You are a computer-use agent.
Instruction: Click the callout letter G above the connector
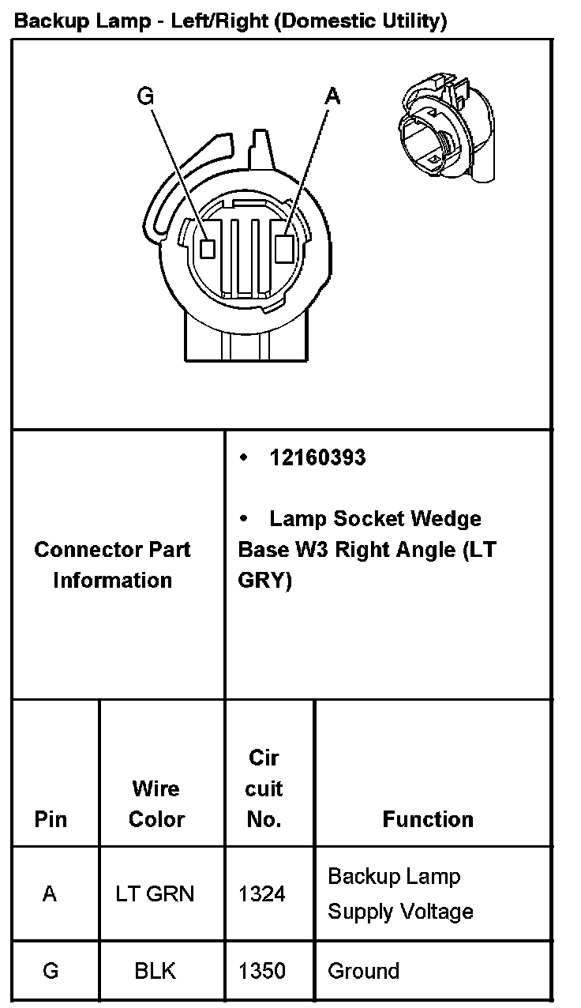pos(145,96)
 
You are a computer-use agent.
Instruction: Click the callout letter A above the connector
pos(333,96)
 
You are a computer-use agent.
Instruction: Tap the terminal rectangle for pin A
pos(286,248)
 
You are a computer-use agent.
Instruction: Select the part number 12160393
pos(317,458)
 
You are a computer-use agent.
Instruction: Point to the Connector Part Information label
pos(112,565)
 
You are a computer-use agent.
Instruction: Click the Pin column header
pos(51,819)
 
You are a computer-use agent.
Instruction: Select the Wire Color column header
pos(156,803)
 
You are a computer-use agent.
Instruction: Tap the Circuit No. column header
pos(264,788)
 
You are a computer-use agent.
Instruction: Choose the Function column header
pos(428,819)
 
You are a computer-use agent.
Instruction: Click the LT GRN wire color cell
pos(155,894)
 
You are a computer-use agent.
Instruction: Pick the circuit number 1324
pos(262,894)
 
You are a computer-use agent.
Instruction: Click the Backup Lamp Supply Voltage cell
pos(400,893)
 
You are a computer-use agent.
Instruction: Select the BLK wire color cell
pos(155,971)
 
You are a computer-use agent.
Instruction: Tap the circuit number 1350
pos(262,971)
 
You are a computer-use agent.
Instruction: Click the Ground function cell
pos(363,971)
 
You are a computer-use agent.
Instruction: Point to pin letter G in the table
pos(51,971)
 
